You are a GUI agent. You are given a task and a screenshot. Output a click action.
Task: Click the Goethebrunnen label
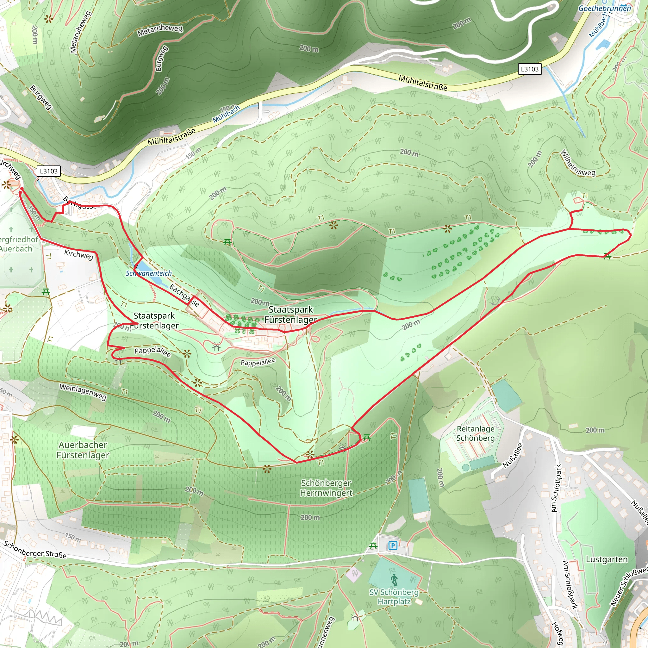604,8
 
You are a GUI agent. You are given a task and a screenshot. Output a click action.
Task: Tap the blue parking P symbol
393,546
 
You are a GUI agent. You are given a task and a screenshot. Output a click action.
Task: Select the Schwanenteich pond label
149,273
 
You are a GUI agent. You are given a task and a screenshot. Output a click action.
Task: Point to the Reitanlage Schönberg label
475,433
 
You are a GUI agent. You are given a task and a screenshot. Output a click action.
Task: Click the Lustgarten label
607,559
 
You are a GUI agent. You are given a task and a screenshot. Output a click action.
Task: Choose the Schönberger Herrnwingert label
326,488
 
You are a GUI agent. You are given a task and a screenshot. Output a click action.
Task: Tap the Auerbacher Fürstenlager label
83,450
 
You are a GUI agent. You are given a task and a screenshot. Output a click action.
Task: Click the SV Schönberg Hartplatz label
394,597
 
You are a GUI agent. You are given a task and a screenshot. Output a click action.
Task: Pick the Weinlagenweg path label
83,392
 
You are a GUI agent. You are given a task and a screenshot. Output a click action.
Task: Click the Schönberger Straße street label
35,549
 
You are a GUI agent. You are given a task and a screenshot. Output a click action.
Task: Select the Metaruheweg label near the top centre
160,30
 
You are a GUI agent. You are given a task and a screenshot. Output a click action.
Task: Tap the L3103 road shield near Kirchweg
49,171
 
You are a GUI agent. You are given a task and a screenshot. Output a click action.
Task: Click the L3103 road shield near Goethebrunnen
530,69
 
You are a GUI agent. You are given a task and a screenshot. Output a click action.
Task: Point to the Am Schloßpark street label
556,488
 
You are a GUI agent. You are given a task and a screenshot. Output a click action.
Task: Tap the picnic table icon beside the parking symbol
373,546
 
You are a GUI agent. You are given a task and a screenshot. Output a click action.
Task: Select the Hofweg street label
558,633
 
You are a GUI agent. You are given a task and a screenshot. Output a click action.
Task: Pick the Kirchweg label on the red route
79,255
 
